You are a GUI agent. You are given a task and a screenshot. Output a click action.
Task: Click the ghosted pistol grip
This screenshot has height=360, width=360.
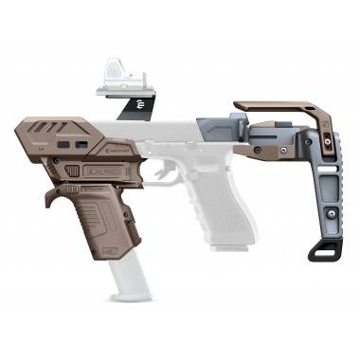214,208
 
